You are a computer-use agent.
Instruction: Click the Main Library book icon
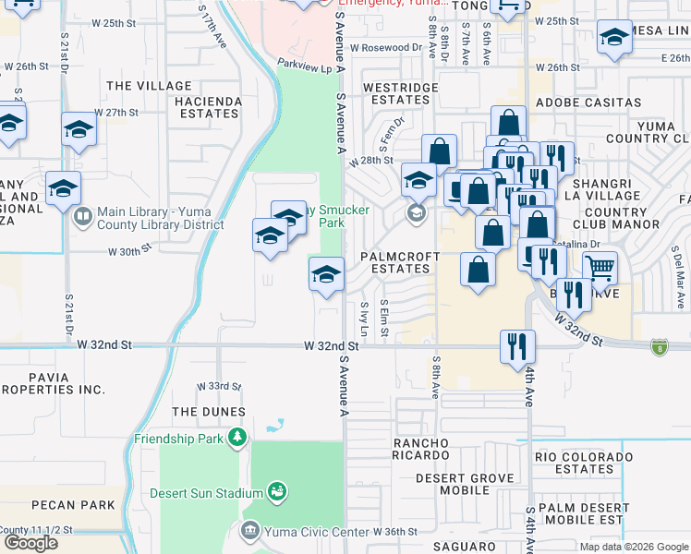(82, 217)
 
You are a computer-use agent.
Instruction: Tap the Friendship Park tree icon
(238, 437)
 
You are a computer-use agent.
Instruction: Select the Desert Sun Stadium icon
(276, 492)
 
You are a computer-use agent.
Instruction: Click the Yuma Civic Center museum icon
(250, 531)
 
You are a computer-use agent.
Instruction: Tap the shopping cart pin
(600, 269)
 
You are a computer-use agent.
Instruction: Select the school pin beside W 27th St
(79, 130)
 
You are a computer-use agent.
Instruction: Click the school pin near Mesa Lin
(612, 40)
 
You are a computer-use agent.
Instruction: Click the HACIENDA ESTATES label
(200, 107)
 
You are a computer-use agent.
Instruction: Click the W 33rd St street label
(219, 386)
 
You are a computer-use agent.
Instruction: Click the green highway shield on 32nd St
(659, 347)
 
